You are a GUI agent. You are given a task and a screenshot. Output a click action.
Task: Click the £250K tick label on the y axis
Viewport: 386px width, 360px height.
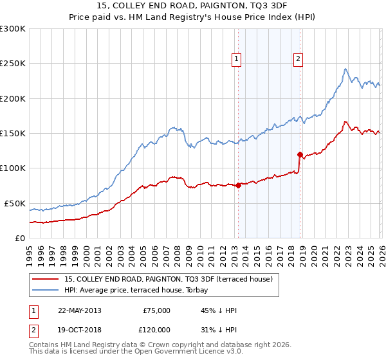coord(13,64)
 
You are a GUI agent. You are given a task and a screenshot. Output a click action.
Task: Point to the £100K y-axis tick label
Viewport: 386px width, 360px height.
coord(13,168)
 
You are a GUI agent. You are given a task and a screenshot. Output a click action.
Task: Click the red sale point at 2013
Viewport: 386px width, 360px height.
coord(238,186)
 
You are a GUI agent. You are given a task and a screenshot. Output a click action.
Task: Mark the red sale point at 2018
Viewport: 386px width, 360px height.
coord(300,154)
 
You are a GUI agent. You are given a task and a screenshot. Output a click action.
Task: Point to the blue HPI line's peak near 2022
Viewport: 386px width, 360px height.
coord(345,69)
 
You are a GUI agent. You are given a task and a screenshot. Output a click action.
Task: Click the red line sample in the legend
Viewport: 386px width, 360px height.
coord(46,279)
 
